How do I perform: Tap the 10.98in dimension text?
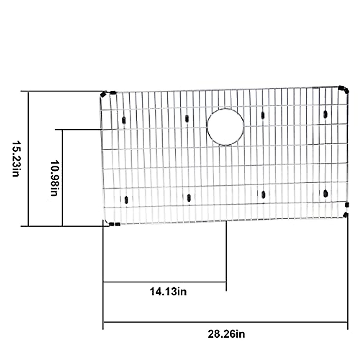tap(54, 178)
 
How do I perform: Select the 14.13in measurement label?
tap(168, 291)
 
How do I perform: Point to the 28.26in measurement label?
tap(226, 334)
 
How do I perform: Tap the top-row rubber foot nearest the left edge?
tap(124, 120)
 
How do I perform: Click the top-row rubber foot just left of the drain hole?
tap(187, 119)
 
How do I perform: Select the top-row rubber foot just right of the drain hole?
tap(263, 115)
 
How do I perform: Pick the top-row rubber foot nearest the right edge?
tap(325, 114)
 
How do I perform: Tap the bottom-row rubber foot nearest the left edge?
tap(126, 200)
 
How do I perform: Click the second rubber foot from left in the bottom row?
tap(189, 198)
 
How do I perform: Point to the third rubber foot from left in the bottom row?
tap(263, 195)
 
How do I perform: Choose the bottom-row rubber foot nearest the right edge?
tap(325, 193)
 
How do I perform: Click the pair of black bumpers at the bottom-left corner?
tap(115, 224)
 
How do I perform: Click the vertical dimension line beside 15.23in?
tap(28, 159)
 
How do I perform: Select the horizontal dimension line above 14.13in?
tap(165, 282)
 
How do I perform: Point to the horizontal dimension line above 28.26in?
tap(226, 322)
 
